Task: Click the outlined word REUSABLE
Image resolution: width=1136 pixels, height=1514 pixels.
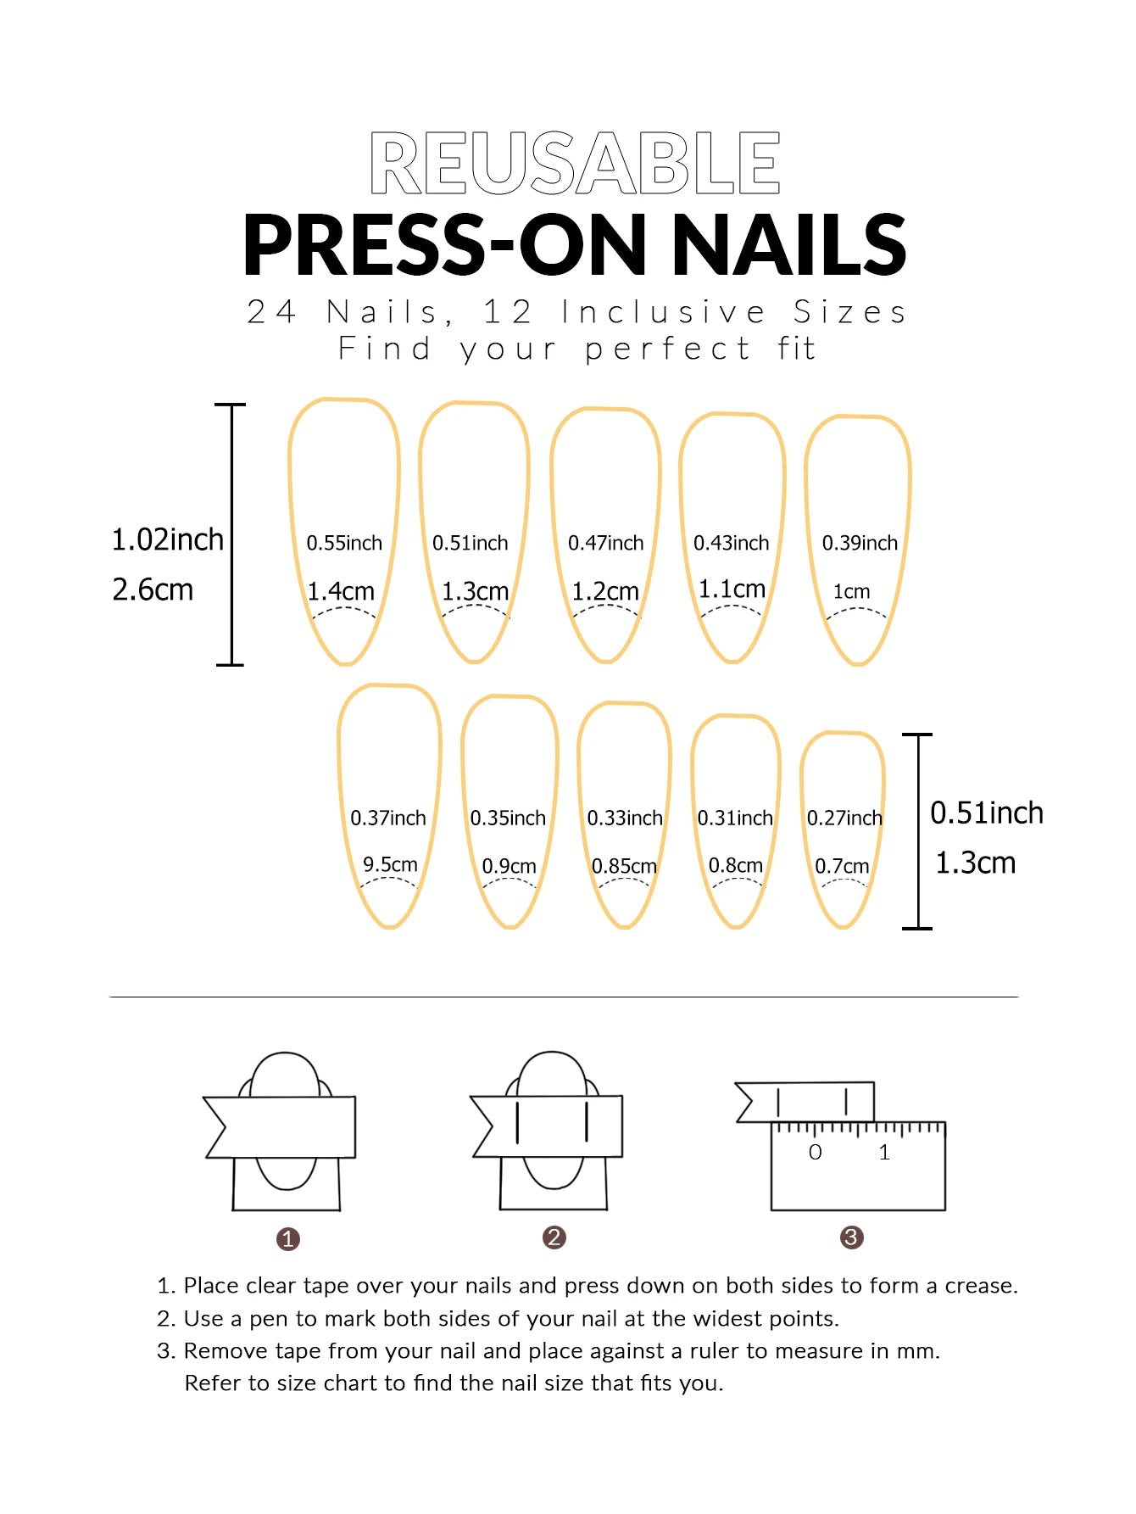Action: point(575,162)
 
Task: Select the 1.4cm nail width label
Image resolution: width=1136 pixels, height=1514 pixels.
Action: point(341,591)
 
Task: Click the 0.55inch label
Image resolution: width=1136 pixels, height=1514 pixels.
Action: point(344,543)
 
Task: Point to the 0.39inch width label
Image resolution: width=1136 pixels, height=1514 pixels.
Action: point(860,543)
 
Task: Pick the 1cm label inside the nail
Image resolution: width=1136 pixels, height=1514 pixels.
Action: point(851,591)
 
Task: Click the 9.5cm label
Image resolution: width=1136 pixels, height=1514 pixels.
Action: point(390,864)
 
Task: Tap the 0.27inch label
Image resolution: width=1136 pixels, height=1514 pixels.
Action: point(844,818)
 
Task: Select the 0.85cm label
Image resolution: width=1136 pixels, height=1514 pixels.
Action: point(624,866)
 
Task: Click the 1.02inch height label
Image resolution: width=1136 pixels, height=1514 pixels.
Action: point(168,539)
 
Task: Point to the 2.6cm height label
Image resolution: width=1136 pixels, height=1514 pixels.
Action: point(153,589)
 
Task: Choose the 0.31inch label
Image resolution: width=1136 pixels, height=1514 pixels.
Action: point(735,818)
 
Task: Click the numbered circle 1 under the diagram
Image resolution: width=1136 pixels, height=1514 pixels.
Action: point(288,1239)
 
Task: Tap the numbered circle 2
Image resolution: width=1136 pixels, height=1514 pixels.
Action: point(554,1237)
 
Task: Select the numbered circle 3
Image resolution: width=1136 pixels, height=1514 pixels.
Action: point(851,1237)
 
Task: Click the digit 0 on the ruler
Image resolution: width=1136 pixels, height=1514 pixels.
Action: point(815,1152)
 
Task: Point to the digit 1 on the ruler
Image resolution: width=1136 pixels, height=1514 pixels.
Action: point(884,1152)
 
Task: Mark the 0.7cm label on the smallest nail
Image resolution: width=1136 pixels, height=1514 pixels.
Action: point(842,866)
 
